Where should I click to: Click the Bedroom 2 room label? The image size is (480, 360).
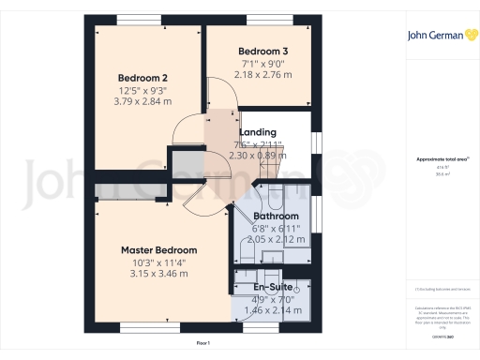(x=142, y=78)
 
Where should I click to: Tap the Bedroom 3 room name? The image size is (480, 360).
(x=262, y=50)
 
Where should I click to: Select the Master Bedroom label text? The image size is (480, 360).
(x=159, y=250)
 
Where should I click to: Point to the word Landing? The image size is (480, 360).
(x=257, y=132)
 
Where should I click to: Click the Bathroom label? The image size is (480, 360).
(x=275, y=216)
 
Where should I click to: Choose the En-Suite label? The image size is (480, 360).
(x=274, y=286)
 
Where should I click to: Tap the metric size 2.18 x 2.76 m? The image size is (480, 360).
(x=262, y=73)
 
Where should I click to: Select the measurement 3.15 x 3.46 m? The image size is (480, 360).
(x=159, y=277)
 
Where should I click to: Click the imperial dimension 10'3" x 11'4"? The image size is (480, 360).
(x=159, y=263)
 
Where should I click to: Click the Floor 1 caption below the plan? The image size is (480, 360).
(x=202, y=344)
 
